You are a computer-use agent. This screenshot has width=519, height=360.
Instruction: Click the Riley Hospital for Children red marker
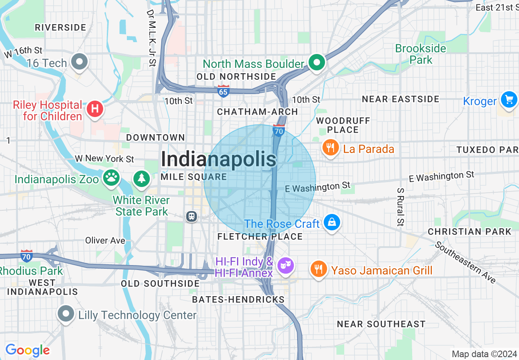95,109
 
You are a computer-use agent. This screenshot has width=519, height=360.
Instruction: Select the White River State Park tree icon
142,178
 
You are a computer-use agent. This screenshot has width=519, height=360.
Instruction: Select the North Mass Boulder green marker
316,63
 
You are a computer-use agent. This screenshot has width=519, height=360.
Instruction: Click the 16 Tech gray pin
79,62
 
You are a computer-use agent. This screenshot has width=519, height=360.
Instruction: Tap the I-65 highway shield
223,91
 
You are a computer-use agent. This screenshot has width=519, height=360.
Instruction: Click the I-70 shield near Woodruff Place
279,130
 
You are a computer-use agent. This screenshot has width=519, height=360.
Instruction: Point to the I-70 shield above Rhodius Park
27,256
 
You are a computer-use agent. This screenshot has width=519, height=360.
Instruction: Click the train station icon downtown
191,216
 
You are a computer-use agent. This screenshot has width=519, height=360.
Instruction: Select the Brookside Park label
420,54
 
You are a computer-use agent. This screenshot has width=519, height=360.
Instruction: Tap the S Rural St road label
400,207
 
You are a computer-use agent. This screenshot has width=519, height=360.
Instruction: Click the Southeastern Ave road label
465,262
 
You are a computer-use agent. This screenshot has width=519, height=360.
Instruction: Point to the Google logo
27,350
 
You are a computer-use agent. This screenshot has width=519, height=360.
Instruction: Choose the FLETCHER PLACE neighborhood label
260,236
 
